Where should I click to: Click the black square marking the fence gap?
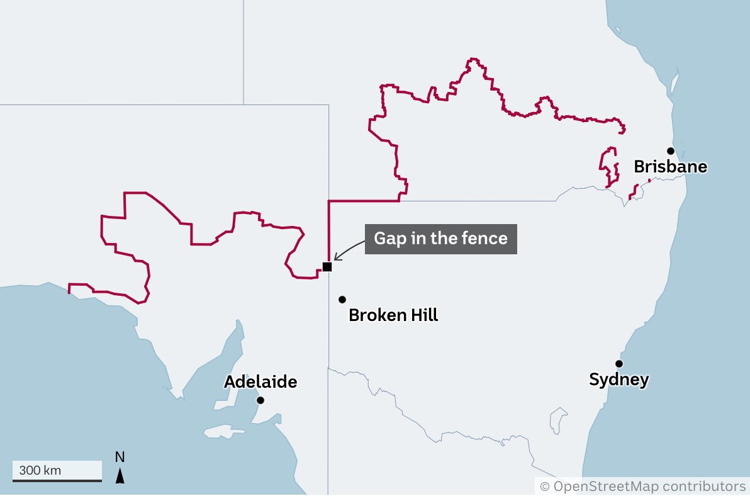tap(327, 266)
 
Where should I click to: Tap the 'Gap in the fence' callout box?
tap(440, 239)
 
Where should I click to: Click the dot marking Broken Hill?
tap(342, 299)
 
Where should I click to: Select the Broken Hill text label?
tap(393, 315)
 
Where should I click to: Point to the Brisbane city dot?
tap(671, 150)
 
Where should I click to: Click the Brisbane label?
tap(670, 167)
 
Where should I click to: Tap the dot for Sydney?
tap(619, 364)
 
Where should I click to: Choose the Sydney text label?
tap(618, 380)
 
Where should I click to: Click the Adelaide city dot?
tap(260, 400)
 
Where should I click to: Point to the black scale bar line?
tap(57, 480)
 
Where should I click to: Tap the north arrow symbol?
tap(120, 476)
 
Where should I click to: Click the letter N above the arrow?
tap(120, 457)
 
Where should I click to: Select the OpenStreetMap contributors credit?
tap(642, 486)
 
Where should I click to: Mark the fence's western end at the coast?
tap(69, 290)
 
